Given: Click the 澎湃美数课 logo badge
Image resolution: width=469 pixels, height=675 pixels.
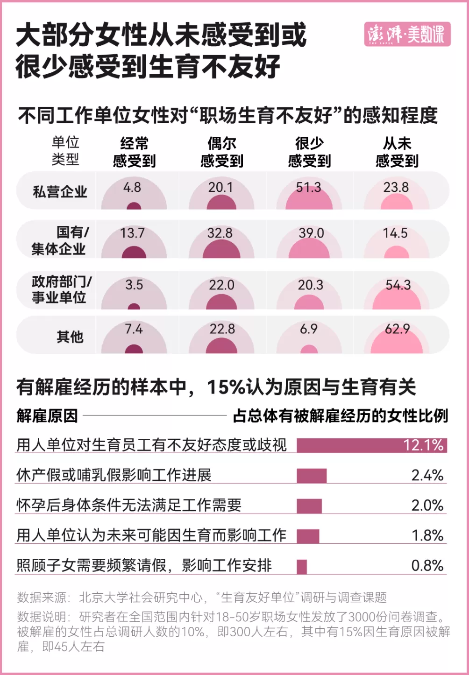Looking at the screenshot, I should click(x=407, y=34).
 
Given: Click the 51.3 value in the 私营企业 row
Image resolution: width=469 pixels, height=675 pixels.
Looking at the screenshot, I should click(x=308, y=188).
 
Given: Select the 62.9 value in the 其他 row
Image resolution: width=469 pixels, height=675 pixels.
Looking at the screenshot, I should click(x=397, y=330).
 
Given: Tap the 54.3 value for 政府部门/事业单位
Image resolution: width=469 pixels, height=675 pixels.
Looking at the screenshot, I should click(x=398, y=285).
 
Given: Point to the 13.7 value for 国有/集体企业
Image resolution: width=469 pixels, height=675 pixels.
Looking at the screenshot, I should click(x=132, y=233).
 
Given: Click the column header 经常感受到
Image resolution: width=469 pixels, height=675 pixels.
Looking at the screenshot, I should click(x=134, y=152).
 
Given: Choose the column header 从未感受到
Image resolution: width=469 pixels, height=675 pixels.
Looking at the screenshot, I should click(x=397, y=152).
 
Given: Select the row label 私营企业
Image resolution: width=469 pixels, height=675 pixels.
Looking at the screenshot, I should click(x=60, y=191).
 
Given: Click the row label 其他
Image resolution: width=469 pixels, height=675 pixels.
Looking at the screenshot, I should click(x=70, y=336).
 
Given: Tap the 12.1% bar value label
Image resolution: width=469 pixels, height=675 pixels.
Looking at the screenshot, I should click(x=423, y=445).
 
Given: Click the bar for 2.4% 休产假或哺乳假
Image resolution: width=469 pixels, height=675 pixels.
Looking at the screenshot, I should click(x=312, y=476).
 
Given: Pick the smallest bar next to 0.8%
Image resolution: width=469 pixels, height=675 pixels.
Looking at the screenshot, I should click(x=302, y=566).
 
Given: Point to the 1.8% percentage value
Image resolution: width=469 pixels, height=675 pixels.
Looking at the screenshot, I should click(x=427, y=535).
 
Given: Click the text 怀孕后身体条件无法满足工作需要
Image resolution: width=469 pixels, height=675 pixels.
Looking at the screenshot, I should click(x=129, y=505).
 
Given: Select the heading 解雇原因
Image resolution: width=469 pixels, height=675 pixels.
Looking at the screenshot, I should click(x=47, y=415).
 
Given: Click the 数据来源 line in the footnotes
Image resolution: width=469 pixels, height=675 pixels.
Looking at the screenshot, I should click(x=202, y=597).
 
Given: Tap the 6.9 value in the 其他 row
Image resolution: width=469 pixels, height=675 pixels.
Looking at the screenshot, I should click(x=308, y=330).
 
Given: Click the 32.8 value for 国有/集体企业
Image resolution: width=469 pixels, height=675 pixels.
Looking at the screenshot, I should click(x=220, y=233).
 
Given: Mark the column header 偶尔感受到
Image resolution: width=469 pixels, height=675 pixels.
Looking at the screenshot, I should click(x=221, y=152).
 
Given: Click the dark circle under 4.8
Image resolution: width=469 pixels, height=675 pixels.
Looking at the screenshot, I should click(x=134, y=206).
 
